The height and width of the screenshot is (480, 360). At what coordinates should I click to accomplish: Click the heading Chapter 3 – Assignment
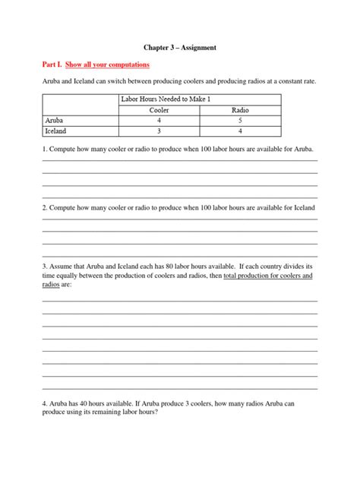180,47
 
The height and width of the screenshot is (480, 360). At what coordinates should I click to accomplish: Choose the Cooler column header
160,110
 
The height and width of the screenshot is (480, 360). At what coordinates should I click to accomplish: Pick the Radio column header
241,110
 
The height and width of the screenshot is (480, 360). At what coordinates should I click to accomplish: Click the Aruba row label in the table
54,120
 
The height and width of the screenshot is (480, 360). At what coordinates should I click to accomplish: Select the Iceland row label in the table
56,130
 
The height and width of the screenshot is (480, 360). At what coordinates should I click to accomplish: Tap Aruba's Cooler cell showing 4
160,120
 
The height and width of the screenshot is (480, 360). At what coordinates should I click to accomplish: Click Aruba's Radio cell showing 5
241,120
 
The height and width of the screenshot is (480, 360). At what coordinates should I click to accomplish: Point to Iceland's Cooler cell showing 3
160,130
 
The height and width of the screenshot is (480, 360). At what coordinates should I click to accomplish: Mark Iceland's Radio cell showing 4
241,130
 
